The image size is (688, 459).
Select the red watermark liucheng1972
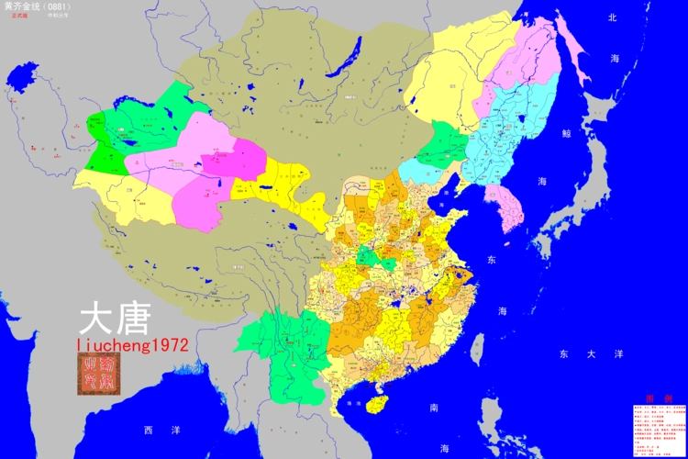click(x=133, y=345)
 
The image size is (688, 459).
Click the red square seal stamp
click(x=96, y=375)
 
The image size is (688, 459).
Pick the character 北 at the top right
click(x=613, y=17)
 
